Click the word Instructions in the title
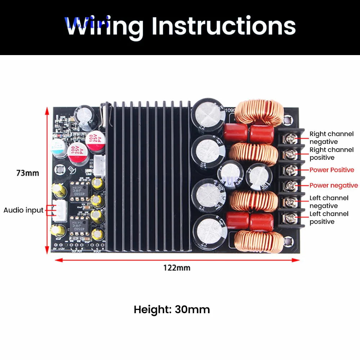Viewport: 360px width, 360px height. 224,26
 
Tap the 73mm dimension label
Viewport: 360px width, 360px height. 28,173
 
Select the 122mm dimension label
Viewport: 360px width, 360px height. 177,267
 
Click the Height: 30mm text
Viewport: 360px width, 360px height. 172,309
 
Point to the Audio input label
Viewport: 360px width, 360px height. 23,210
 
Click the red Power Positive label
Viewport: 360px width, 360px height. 332,170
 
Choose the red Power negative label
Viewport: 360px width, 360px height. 334,185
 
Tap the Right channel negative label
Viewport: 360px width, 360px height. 332,138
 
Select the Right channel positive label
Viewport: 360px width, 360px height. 332,153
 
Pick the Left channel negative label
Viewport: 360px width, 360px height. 329,202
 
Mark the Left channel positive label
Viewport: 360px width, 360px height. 329,217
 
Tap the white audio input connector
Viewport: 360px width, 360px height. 58,210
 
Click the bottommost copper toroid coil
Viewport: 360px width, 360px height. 256,241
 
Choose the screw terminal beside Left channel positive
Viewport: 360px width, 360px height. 291,217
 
